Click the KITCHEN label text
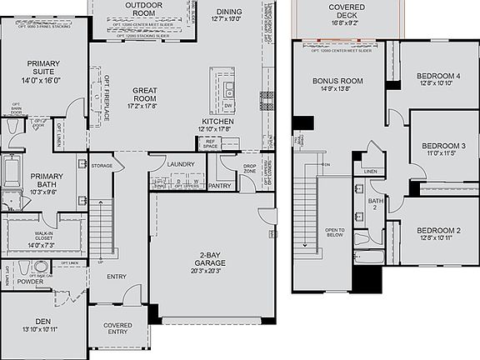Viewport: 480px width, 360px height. click(216, 122)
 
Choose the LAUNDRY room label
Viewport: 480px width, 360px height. click(179, 164)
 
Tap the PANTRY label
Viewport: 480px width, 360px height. click(220, 186)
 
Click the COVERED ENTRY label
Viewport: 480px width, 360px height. click(117, 328)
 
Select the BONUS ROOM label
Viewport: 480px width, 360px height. click(338, 81)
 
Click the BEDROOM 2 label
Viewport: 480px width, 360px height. click(438, 230)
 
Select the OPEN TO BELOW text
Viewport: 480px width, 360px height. click(335, 232)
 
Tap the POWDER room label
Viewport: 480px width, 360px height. click(30, 282)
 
